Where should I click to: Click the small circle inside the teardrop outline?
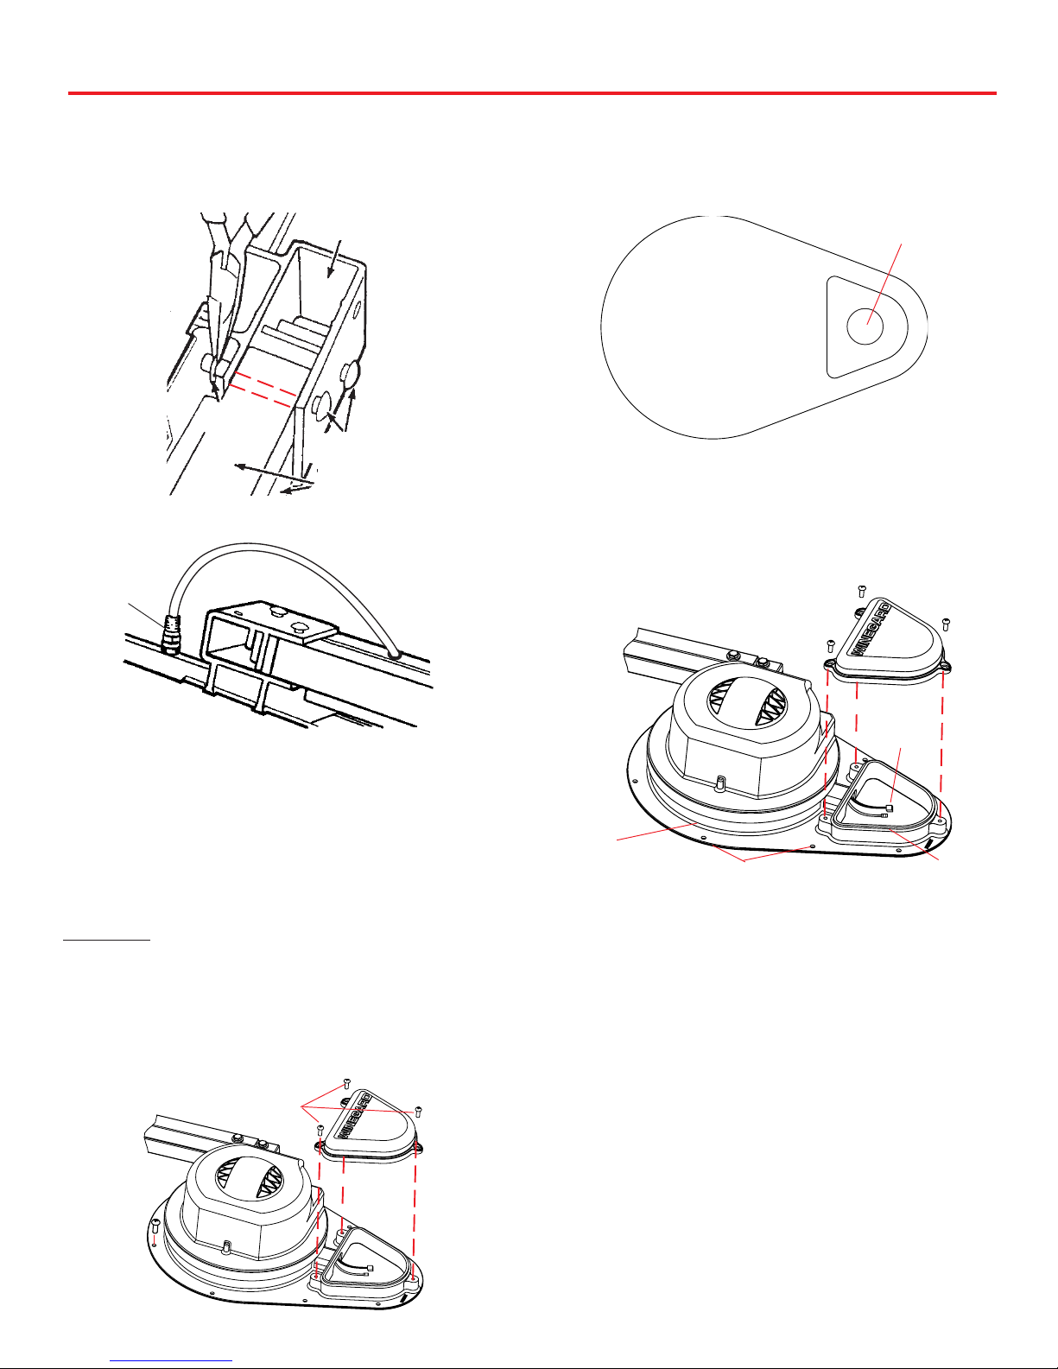pos(865,326)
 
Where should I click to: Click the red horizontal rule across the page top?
pos(532,93)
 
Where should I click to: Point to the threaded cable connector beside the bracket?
pos(170,633)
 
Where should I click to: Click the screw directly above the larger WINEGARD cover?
pos(862,590)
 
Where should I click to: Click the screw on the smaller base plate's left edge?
pos(155,1226)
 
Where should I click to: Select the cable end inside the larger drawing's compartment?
pos(890,808)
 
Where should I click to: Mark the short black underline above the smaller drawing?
pos(106,940)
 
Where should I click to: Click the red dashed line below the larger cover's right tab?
pos(942,744)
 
